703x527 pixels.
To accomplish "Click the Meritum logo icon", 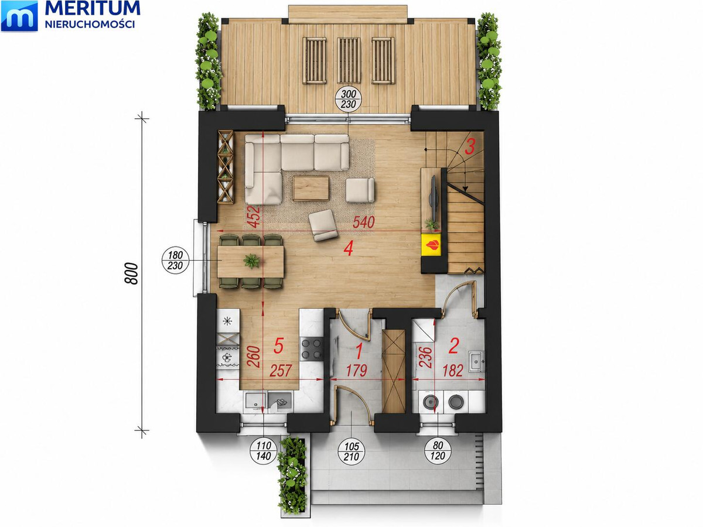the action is click(x=19, y=16).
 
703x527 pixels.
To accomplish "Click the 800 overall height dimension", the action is click(x=131, y=273).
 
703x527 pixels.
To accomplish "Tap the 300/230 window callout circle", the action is click(x=349, y=99).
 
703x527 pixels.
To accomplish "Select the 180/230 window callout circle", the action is click(x=176, y=260).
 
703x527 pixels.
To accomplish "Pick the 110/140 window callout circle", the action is click(x=264, y=451).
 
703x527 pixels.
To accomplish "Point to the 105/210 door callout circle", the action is click(x=351, y=451).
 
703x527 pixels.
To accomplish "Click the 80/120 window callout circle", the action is click(x=438, y=450).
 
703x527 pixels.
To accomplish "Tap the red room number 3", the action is click(x=469, y=147).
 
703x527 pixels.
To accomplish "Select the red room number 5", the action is click(x=278, y=346).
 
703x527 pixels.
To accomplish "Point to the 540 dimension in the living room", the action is click(x=364, y=223).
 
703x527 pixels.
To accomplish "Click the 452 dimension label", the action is click(x=254, y=217).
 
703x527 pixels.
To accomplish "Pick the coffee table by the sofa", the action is click(x=311, y=188).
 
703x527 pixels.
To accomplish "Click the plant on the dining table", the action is click(x=251, y=261).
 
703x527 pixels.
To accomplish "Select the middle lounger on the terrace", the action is click(x=349, y=60).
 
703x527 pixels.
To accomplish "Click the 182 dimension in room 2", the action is click(x=452, y=371).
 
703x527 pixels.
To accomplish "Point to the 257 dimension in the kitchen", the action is click(x=281, y=371).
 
